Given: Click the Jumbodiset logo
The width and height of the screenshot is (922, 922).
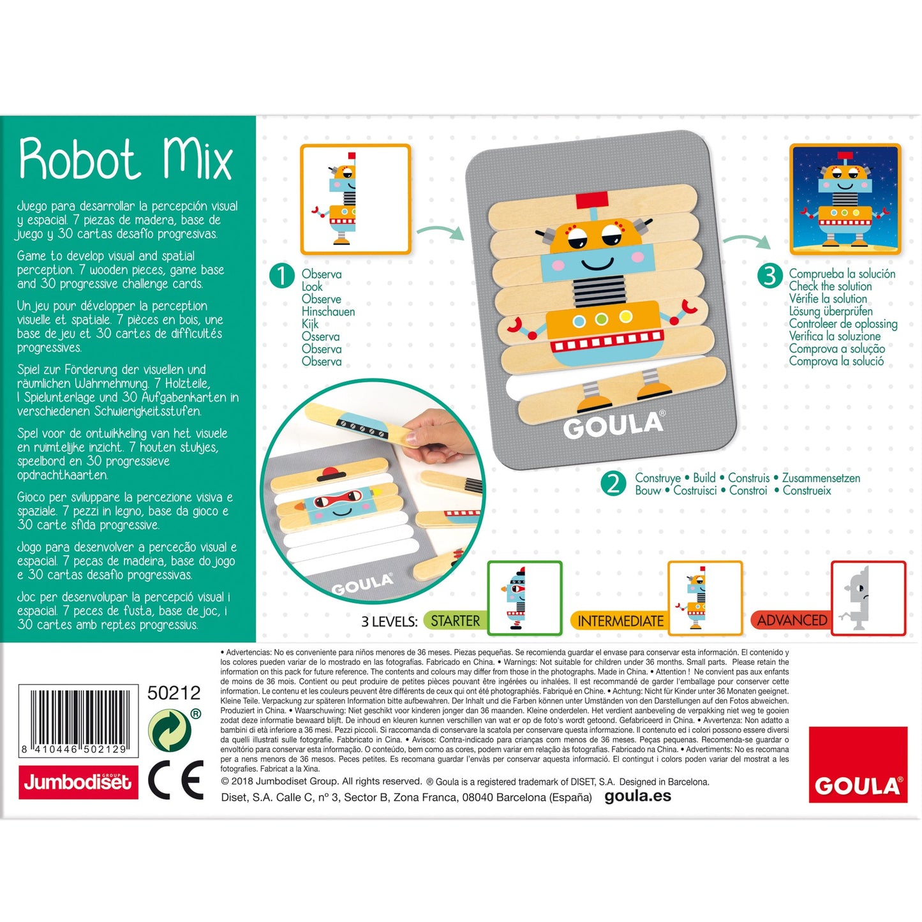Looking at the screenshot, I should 78,782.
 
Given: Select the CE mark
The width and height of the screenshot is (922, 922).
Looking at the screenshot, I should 176,780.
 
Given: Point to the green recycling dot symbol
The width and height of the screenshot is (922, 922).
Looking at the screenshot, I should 170,731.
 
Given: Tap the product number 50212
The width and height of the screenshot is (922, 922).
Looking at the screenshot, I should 174,693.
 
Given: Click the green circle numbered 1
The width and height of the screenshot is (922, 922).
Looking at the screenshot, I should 282,276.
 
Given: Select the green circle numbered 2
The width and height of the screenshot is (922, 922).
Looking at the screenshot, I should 613,484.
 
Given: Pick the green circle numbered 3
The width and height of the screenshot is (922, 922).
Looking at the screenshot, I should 770,276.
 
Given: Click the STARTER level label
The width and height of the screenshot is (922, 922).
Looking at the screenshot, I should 454,621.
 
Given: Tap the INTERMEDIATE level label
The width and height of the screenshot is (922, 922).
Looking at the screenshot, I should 620,621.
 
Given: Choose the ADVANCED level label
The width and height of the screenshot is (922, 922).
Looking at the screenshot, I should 792,620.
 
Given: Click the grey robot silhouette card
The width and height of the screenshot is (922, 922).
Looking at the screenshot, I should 868,599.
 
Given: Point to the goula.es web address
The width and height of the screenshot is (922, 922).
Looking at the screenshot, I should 637,796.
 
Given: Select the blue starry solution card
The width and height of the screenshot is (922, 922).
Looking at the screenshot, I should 845,199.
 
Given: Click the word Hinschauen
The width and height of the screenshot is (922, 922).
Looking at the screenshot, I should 328,311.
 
